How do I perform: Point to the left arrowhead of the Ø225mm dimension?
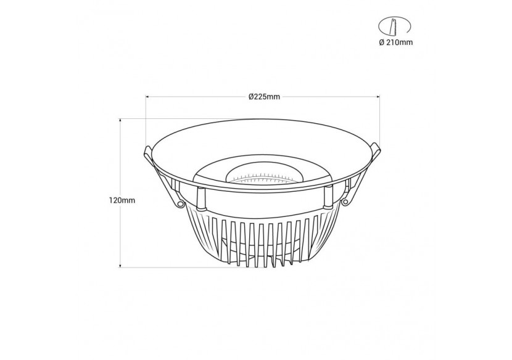(148, 97)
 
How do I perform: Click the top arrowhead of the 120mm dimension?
(120, 121)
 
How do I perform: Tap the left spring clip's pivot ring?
(180, 203)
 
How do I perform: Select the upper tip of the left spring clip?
(146, 150)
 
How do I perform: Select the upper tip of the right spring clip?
(377, 149)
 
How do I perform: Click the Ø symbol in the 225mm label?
(251, 97)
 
